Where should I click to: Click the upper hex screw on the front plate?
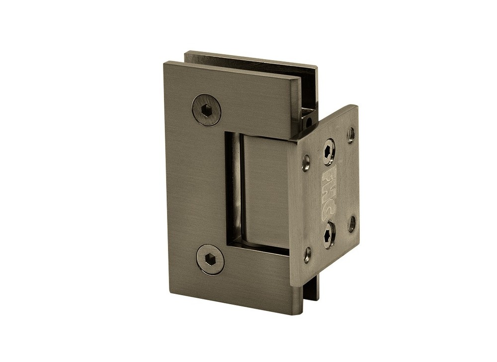(206, 110)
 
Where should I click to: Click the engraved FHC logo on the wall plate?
(329, 192)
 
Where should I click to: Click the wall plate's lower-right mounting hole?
(351, 224)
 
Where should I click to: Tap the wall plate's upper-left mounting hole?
(306, 163)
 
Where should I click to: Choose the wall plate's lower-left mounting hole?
(307, 254)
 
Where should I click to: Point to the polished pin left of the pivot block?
(234, 189)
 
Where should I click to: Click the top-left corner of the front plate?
(165, 63)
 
